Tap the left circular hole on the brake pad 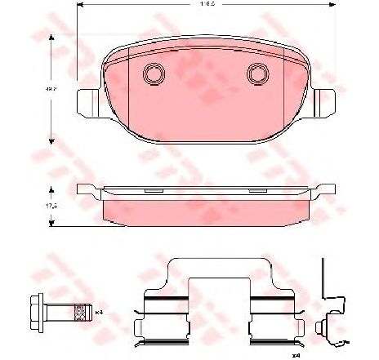click(152, 74)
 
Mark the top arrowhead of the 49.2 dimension click(54, 38)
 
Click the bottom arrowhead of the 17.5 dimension click(54, 227)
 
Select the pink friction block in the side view click(204, 211)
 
